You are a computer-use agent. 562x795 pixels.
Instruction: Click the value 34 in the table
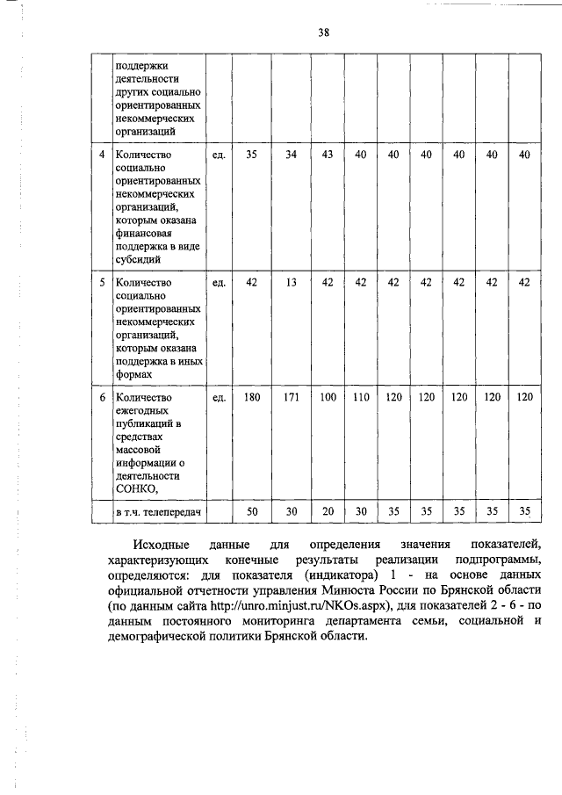[x=291, y=155]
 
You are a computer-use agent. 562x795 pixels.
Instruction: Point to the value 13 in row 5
[x=291, y=282]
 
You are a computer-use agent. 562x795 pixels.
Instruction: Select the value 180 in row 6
[x=252, y=397]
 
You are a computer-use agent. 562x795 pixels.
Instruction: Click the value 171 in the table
[x=291, y=397]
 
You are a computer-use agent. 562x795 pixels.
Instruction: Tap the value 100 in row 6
[x=328, y=397]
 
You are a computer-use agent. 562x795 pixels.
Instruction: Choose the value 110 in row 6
[x=360, y=397]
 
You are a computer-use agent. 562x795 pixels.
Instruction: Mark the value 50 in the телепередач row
[x=252, y=511]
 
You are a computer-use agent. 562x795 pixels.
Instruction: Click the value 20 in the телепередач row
[x=328, y=511]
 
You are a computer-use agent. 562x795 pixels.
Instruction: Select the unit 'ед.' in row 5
[x=220, y=282]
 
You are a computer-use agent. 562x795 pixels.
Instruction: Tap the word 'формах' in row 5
[x=133, y=374]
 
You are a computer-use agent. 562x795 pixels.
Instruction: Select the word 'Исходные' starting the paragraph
[x=156, y=546]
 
